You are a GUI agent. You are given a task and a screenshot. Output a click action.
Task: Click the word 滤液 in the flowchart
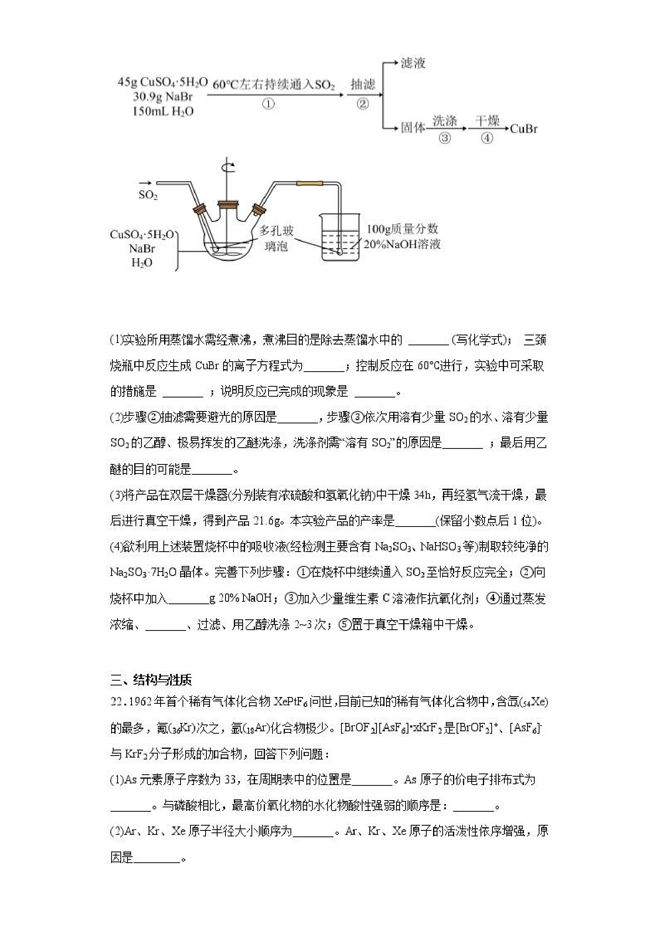(x=413, y=63)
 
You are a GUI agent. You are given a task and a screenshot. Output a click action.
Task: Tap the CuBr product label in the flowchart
(x=524, y=129)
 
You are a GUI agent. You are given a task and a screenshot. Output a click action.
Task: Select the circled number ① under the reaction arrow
(x=268, y=104)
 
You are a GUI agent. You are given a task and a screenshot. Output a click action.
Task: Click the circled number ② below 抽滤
(x=363, y=104)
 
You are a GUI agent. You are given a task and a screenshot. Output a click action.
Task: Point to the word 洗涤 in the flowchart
(x=445, y=121)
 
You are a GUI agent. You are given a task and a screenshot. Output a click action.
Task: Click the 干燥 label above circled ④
(x=487, y=121)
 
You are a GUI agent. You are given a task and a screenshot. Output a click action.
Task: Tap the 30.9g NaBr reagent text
(x=163, y=97)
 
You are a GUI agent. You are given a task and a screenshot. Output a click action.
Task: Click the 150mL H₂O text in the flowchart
(x=163, y=111)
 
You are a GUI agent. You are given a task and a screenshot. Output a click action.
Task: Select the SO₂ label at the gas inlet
(x=148, y=195)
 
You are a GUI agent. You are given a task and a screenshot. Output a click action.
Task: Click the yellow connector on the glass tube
(x=310, y=184)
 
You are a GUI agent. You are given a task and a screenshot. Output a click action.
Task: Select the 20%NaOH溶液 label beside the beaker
(x=402, y=245)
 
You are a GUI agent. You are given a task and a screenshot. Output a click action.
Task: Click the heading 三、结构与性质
(x=151, y=679)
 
